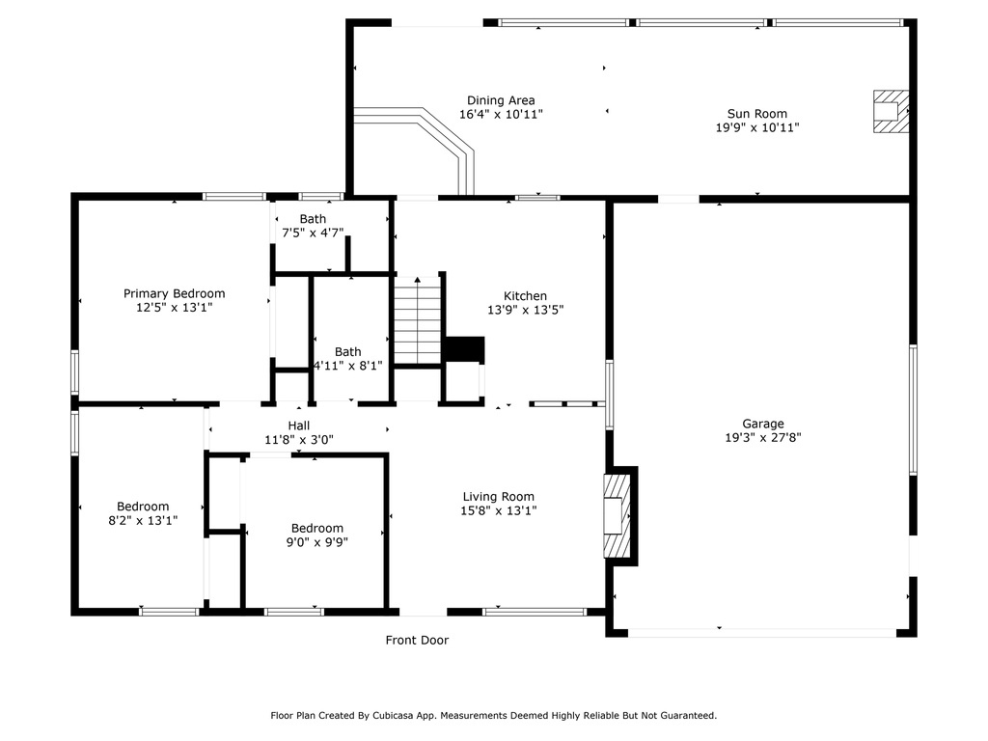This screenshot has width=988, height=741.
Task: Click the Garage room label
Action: coord(763,424)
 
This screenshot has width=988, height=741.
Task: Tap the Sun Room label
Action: coord(756,114)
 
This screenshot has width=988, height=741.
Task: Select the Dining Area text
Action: coord(501,100)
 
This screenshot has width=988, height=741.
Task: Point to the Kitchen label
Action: coord(525,295)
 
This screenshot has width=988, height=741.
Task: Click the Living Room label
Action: coord(499,497)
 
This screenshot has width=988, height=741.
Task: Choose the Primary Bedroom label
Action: coord(174,293)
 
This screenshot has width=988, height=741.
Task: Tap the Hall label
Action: coord(299,425)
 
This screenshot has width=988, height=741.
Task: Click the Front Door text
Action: coord(417,641)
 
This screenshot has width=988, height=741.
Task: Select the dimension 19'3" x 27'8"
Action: coord(763,437)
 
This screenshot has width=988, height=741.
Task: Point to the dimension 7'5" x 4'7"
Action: coord(313,233)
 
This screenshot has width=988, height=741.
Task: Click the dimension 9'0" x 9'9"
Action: coord(316,542)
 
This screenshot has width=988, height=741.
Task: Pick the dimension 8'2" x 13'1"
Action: coord(143,520)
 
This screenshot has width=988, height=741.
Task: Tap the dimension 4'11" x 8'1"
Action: coord(347,366)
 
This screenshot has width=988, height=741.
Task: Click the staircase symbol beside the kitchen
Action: coord(417,320)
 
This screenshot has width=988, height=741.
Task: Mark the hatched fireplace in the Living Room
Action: coord(617,516)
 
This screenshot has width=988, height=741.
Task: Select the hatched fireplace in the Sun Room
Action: coord(891,111)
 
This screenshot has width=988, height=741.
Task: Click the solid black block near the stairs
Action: coord(464,349)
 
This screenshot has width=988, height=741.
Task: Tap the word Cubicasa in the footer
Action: coord(394,715)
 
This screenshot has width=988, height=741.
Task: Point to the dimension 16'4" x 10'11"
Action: coord(501,114)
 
